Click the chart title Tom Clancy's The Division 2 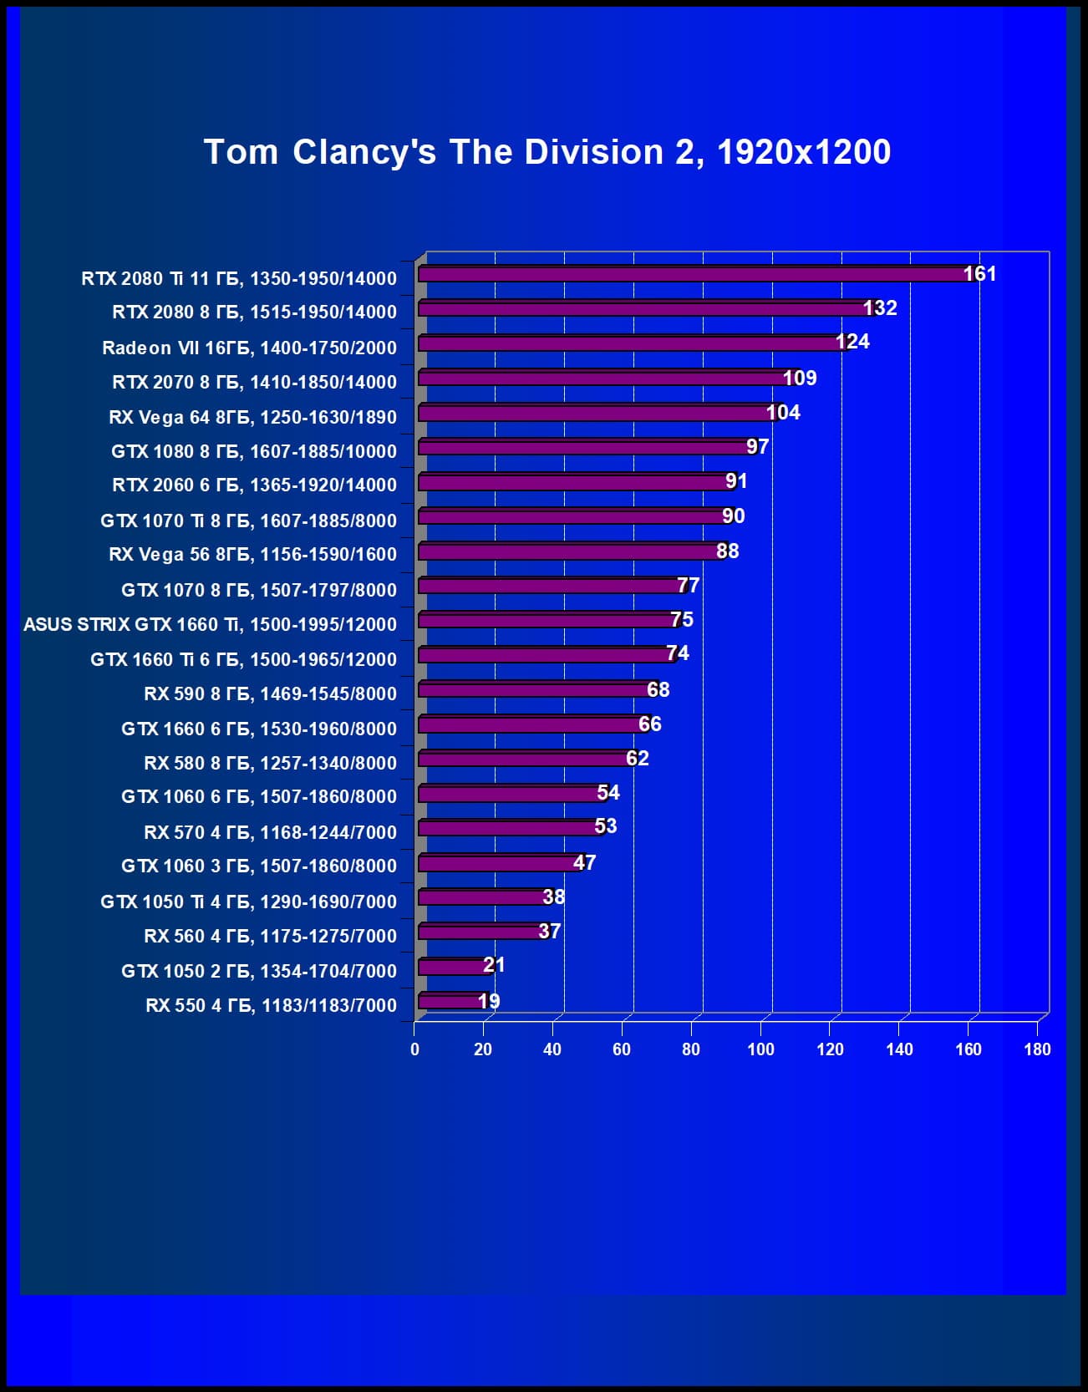click(547, 152)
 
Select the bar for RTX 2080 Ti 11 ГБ click(694, 275)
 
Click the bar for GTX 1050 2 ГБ click(454, 967)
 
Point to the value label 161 click(979, 274)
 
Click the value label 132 click(879, 308)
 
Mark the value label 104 click(783, 413)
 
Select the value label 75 click(682, 620)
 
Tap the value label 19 click(489, 1001)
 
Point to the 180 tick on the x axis click(1037, 1049)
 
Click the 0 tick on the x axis click(414, 1049)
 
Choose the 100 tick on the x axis click(760, 1049)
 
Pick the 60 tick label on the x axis click(622, 1049)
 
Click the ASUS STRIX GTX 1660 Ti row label click(210, 624)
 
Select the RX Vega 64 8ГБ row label click(252, 417)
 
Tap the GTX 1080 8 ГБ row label click(253, 451)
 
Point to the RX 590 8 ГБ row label click(270, 693)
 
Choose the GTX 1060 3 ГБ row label click(258, 866)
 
